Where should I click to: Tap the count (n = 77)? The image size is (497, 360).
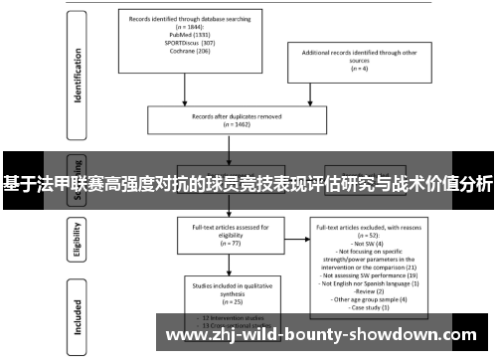click(229, 242)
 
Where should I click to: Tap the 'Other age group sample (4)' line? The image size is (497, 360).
click(368, 298)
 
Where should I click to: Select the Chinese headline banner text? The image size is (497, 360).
click(248, 183)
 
